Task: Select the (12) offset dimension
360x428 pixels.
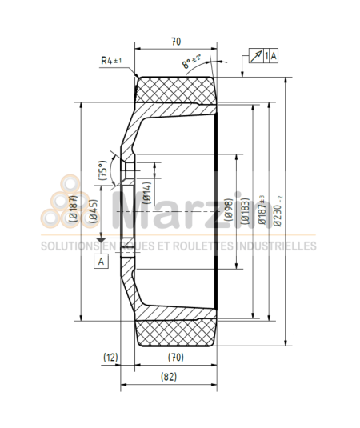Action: point(110,357)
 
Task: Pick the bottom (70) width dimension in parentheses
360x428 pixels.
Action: point(175,357)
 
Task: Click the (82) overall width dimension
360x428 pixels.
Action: point(168,376)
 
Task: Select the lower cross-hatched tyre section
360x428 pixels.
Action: point(177,330)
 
